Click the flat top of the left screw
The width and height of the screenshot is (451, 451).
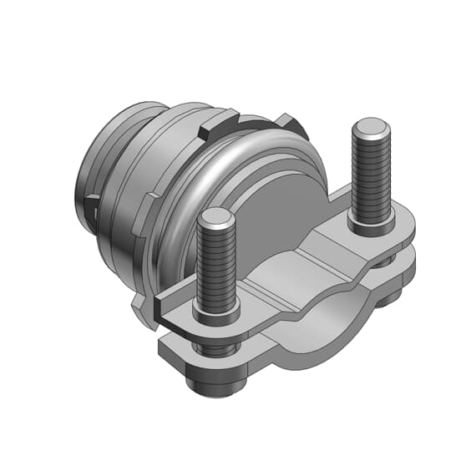[x=215, y=218]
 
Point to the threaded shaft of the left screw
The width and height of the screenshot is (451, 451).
[x=215, y=267]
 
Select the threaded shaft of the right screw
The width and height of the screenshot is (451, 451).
[x=371, y=180]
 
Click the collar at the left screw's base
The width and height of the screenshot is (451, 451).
[x=216, y=316]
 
